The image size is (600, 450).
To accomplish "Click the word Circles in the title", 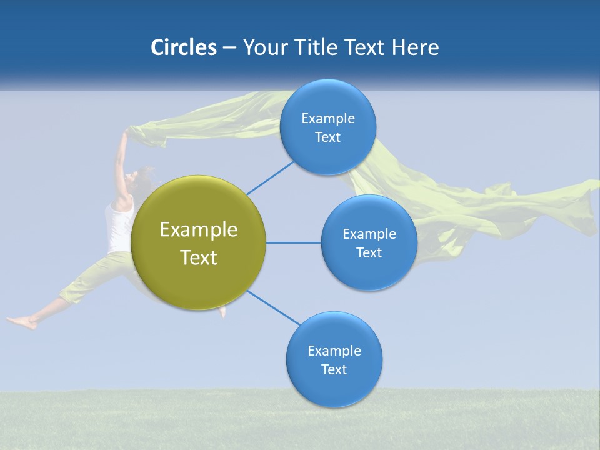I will [x=183, y=47].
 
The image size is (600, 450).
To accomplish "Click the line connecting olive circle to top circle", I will [x=270, y=177].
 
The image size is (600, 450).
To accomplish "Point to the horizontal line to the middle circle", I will [x=293, y=242].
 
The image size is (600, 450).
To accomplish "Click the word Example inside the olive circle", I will [x=199, y=230].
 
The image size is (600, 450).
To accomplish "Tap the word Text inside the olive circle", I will [x=199, y=257].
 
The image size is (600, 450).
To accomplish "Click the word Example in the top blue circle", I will [x=328, y=119].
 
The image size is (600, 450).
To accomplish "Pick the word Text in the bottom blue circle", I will [x=334, y=369].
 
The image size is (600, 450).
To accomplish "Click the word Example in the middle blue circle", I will [x=369, y=234].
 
